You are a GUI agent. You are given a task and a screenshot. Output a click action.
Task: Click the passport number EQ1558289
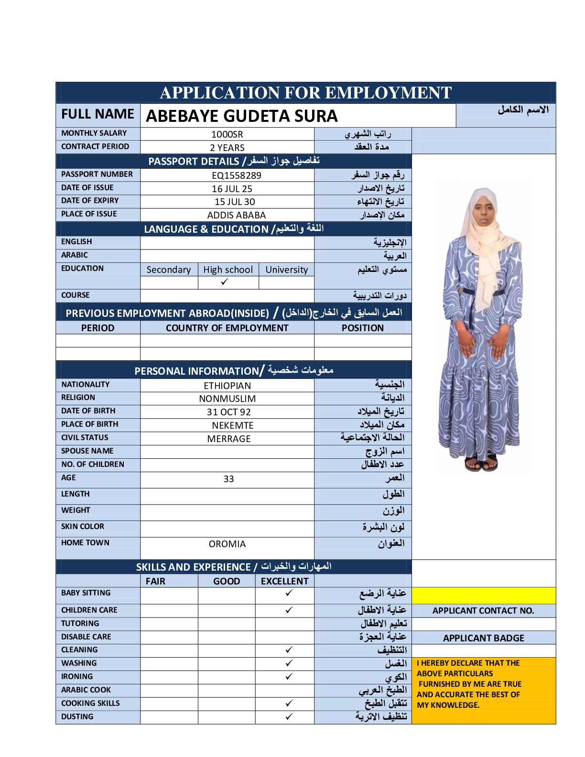click(236, 175)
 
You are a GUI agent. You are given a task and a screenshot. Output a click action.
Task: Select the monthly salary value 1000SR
click(227, 134)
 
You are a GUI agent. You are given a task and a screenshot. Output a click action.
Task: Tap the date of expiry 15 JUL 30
click(235, 202)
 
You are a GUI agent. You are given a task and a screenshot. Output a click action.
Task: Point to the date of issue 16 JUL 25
click(232, 189)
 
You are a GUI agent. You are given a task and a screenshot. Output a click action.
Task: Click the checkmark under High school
click(225, 282)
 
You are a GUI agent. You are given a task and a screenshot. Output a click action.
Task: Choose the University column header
click(286, 270)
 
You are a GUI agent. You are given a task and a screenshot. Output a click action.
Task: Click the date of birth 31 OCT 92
click(228, 412)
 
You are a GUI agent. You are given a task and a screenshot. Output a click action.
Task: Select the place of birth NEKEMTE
click(233, 425)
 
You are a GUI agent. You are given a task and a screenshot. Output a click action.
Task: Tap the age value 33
click(228, 479)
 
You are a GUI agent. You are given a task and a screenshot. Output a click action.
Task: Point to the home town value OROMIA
click(227, 544)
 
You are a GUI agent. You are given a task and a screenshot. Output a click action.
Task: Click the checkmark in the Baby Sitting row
click(289, 593)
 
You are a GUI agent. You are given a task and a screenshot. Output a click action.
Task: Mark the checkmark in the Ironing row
click(289, 677)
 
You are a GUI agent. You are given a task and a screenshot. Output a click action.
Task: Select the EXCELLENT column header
click(284, 581)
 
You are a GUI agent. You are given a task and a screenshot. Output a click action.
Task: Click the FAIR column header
click(155, 581)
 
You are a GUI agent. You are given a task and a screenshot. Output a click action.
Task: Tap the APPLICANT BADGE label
click(483, 638)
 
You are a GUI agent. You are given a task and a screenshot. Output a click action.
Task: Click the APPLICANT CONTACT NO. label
click(483, 610)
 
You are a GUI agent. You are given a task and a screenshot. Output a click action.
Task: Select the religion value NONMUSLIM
click(227, 399)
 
